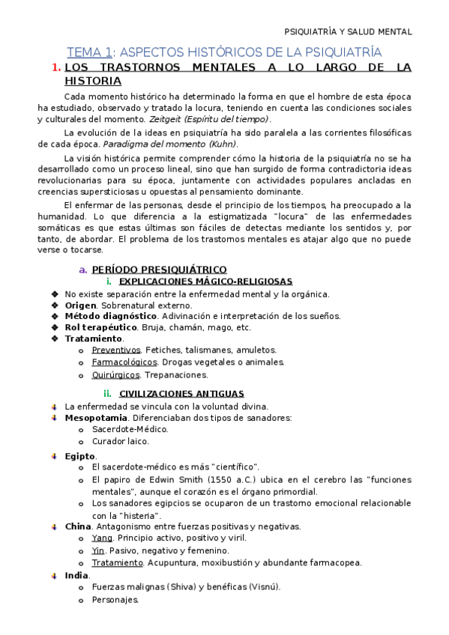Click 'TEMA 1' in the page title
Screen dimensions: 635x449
89,52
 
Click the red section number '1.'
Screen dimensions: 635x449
56,67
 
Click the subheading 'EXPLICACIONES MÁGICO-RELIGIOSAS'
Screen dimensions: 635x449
206,281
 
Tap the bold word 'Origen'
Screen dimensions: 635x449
80,305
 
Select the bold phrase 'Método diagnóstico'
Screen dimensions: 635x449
104,316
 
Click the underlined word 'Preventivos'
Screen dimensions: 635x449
116,350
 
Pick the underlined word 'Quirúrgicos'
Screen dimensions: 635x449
116,374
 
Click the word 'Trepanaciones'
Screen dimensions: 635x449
176,374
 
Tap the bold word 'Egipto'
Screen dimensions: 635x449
80,455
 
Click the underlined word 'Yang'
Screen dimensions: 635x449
102,538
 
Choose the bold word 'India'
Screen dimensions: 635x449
76,575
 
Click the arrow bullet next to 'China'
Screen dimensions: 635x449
54,526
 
